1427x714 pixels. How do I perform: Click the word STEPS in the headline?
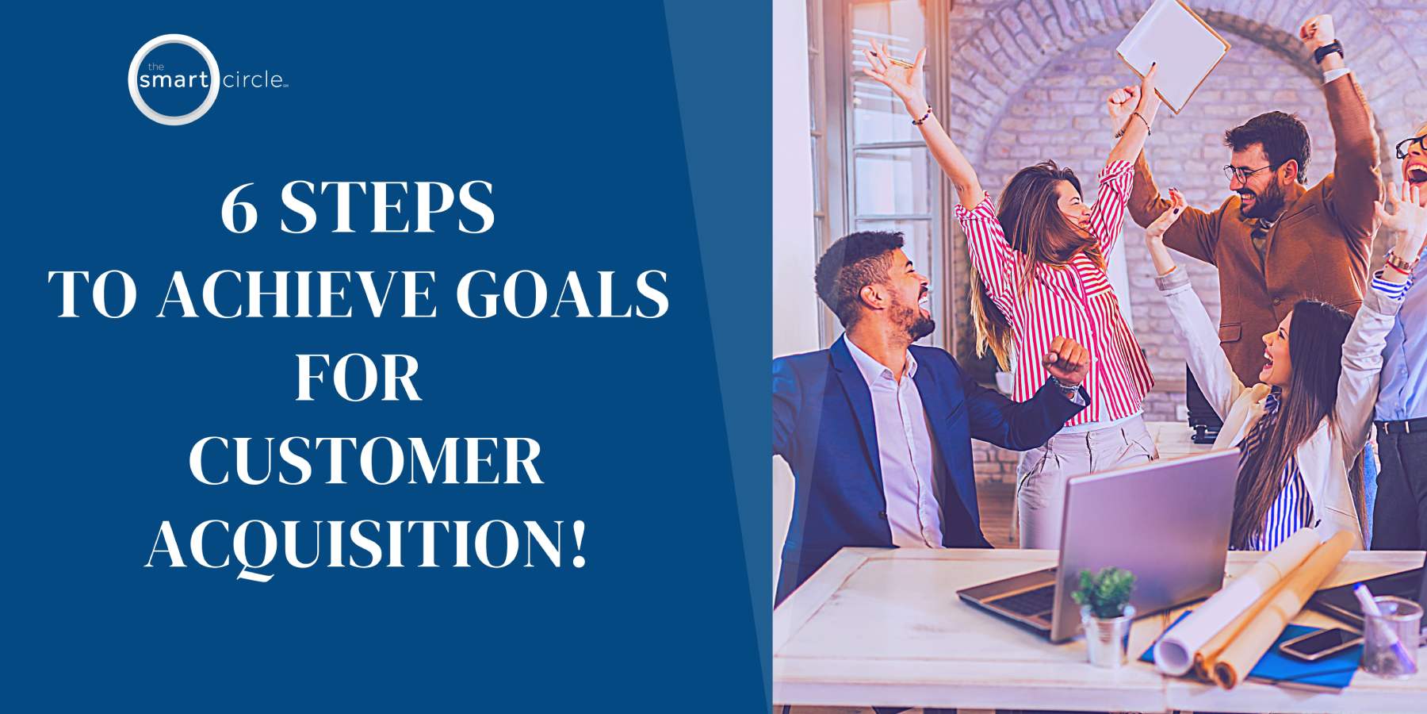pyautogui.click(x=388, y=208)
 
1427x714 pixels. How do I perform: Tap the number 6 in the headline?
pyautogui.click(x=239, y=208)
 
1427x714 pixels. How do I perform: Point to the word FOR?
pyautogui.click(x=358, y=378)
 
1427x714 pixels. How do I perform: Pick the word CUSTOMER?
pyautogui.click(x=365, y=463)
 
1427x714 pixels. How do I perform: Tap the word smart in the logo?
pyautogui.click(x=174, y=80)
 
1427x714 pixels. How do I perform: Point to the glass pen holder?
pyautogui.click(x=1391, y=635)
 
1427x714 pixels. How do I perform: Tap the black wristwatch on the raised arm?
pyautogui.click(x=1328, y=53)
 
